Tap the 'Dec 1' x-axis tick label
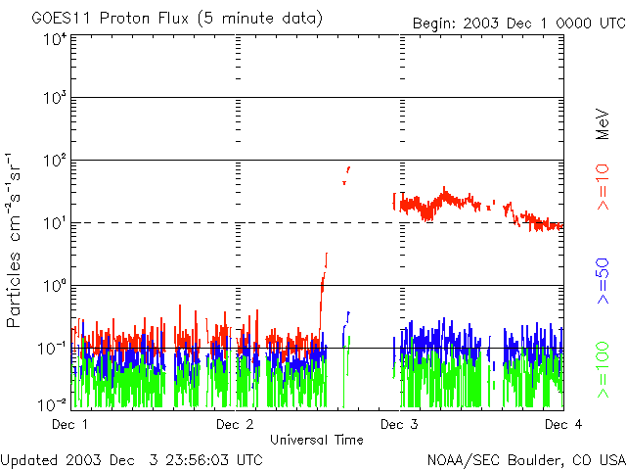(69, 424)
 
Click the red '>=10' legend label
(604, 189)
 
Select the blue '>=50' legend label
(604, 283)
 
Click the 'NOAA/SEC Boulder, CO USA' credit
(525, 459)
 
